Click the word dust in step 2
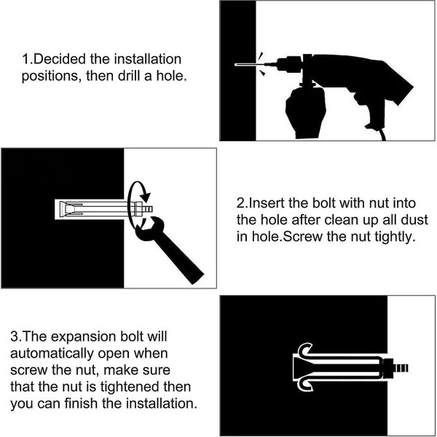[414, 220]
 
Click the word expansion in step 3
[82, 337]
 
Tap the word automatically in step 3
[52, 354]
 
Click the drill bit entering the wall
[249, 65]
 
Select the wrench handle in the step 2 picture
[178, 256]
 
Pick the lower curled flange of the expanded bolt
[305, 385]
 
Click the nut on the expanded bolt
[388, 368]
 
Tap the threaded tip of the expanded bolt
[401, 368]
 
